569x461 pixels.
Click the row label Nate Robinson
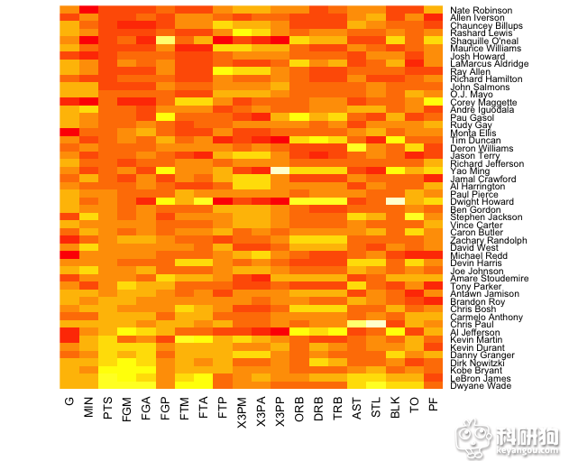point(481,10)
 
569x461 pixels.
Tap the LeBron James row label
point(479,378)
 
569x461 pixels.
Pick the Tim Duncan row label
point(474,141)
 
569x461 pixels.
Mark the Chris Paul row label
point(472,324)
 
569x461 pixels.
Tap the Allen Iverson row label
point(479,18)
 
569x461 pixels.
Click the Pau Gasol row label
point(472,117)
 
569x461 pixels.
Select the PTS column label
point(107,407)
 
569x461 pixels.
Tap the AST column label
point(356,407)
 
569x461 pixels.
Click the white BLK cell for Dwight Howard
point(395,201)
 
